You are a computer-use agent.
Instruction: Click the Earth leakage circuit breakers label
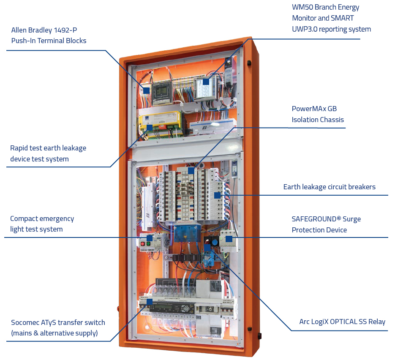coord(329,187)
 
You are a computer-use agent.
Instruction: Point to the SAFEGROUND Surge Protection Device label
coord(326,224)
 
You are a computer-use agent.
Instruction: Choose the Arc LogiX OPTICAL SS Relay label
coord(342,322)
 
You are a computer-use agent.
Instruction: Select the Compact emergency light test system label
coord(42,224)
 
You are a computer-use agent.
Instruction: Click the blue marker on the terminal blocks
coord(146,90)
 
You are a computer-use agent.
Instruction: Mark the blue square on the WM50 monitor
coord(206,82)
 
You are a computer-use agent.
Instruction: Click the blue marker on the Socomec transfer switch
coord(149,302)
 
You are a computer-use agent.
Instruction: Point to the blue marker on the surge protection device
coord(229,239)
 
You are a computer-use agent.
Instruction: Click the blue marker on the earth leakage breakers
coord(217,195)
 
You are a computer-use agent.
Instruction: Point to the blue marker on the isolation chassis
coord(191,170)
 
